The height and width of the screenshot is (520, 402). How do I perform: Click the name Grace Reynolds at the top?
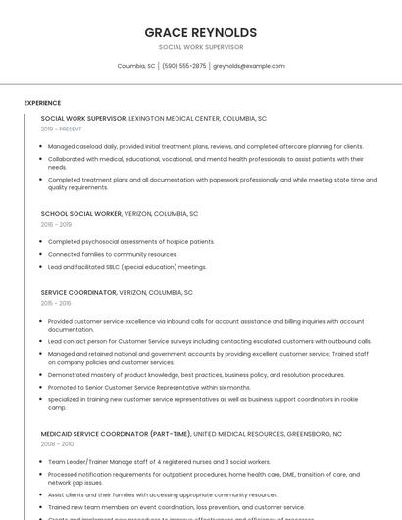(x=200, y=32)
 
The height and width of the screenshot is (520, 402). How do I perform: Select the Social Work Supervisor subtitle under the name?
(x=200, y=47)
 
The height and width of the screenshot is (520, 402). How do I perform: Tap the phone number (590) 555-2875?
(x=184, y=66)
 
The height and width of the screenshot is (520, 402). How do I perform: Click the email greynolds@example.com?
(x=249, y=66)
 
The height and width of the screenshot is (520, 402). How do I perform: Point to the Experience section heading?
(x=42, y=103)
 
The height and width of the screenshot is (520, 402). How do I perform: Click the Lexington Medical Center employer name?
(x=175, y=118)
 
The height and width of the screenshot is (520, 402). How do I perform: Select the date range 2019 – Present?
(x=62, y=130)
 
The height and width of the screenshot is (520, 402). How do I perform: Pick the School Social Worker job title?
(x=81, y=213)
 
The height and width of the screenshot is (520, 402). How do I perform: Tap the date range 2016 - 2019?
(x=56, y=224)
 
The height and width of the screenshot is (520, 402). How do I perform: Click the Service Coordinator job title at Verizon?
(x=78, y=292)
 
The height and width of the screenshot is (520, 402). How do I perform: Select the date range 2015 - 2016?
(x=56, y=303)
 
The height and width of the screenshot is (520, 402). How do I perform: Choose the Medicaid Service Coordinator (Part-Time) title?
(x=116, y=433)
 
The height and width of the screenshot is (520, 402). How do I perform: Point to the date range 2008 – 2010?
(x=57, y=444)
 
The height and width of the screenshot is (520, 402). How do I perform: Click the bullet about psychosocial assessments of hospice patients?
(x=131, y=241)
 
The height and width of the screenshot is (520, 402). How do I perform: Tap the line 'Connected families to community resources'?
(x=113, y=254)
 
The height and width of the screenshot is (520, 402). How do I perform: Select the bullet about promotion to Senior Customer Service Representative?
(x=149, y=387)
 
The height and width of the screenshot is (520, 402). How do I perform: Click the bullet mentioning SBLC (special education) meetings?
(x=127, y=267)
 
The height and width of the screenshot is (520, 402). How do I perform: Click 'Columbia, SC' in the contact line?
(x=136, y=66)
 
